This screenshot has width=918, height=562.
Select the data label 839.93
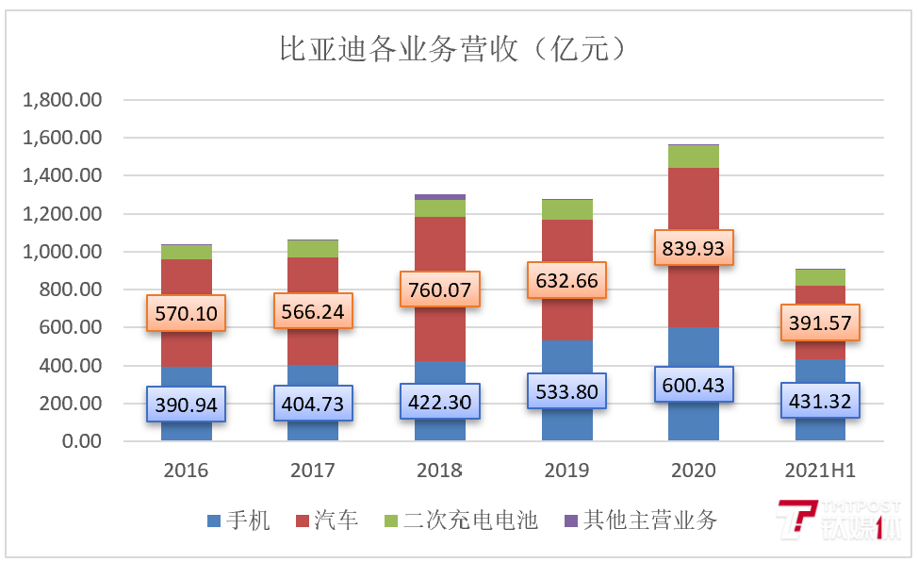[x=694, y=249]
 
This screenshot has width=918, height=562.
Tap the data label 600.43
[x=694, y=386]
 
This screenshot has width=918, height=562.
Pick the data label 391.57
[x=821, y=323]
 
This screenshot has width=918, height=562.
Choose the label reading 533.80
[x=567, y=390]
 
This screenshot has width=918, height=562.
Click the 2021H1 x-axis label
[x=820, y=470]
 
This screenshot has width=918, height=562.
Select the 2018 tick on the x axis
[x=439, y=470]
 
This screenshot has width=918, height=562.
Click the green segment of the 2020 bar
[x=694, y=157]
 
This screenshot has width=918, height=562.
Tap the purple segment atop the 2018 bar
[x=440, y=196]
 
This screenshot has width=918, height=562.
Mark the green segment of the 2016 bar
[x=186, y=252]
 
